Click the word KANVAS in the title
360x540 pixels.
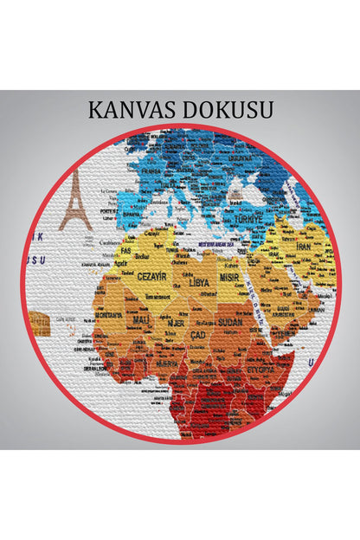click(131, 111)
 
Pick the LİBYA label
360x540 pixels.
click(200, 283)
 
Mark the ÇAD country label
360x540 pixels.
click(198, 334)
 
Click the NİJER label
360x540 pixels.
click(175, 323)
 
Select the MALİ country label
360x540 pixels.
click(141, 319)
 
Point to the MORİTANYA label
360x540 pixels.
click(109, 316)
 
